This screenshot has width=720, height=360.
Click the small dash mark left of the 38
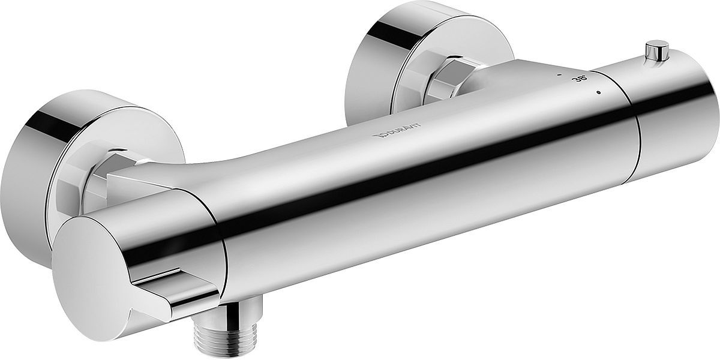pyautogui.click(x=558, y=76)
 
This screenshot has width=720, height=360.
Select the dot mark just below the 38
pyautogui.click(x=598, y=92)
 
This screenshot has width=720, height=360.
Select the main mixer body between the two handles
pyautogui.click(x=420, y=180)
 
